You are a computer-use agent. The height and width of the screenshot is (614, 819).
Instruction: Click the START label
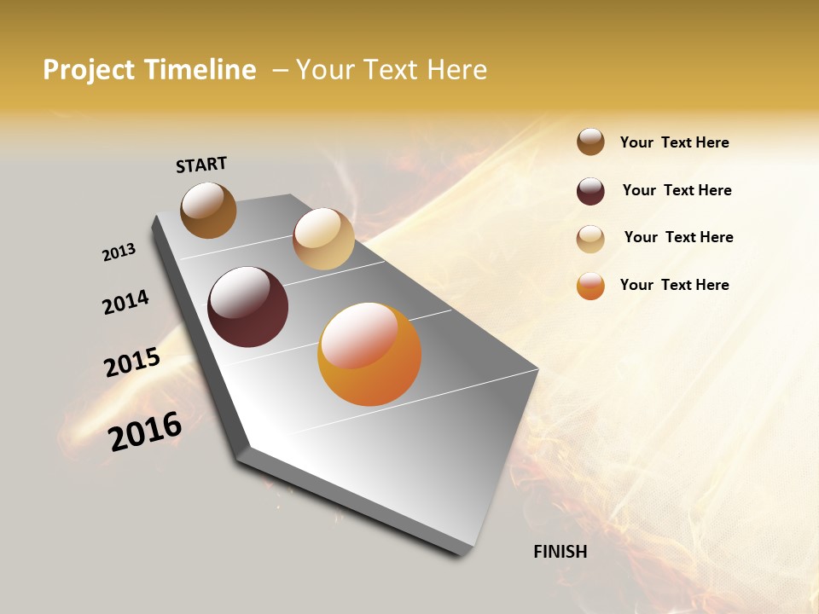(201, 164)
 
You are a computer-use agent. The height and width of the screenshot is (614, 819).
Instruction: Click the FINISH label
(560, 552)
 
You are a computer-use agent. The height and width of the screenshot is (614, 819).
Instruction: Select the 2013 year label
(119, 252)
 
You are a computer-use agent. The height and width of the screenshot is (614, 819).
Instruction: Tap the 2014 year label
(125, 302)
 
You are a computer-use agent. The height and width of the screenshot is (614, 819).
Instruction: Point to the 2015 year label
(132, 362)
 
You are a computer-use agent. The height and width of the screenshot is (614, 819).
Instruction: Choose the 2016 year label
(145, 431)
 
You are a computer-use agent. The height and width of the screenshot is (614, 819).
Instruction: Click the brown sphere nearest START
(208, 210)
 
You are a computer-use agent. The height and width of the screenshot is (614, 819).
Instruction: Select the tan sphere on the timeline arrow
(323, 239)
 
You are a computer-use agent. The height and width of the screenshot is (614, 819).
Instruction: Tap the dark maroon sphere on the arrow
(247, 307)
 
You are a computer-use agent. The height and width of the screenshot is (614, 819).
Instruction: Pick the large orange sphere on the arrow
(369, 354)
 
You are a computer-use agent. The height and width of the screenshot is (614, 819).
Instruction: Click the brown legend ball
(590, 142)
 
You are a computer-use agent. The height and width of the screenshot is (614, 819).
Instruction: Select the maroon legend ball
(590, 190)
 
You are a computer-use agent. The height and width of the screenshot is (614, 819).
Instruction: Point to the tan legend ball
(590, 238)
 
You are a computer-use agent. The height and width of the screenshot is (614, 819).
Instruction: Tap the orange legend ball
(590, 286)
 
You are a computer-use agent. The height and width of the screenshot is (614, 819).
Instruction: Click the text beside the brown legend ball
(674, 142)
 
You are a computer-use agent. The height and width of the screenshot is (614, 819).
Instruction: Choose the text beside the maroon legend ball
(677, 190)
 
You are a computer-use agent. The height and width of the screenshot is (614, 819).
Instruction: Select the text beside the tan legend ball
(678, 237)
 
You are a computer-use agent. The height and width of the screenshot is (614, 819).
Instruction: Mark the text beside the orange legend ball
(674, 285)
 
